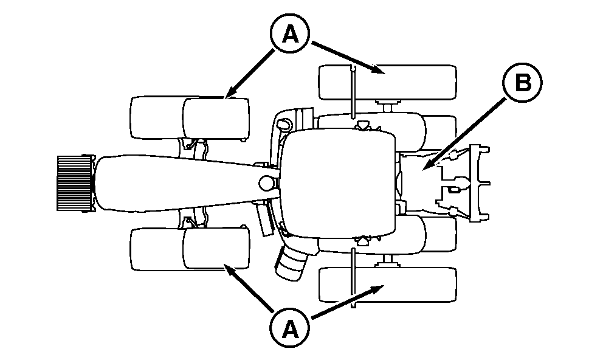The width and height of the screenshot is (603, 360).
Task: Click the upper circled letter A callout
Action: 290,35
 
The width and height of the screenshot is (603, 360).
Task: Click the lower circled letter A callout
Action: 290,328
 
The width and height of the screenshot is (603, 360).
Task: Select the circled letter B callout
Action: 522,83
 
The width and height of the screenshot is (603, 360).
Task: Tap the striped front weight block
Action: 76,183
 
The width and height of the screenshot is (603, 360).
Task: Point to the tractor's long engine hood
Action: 185,184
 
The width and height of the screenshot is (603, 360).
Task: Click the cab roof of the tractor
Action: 339,184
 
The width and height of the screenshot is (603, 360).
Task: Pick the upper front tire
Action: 190,118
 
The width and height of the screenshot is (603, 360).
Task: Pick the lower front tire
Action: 190,249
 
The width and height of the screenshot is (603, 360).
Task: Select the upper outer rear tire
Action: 388,82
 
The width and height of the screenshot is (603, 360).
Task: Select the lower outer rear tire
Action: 388,285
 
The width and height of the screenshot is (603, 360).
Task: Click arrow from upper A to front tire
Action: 250,74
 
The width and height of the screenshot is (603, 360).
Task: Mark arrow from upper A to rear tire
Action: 348,58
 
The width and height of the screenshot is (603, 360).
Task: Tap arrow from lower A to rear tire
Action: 348,302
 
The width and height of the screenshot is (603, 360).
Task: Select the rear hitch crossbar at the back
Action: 480,183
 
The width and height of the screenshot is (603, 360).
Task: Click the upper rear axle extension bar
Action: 353,92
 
